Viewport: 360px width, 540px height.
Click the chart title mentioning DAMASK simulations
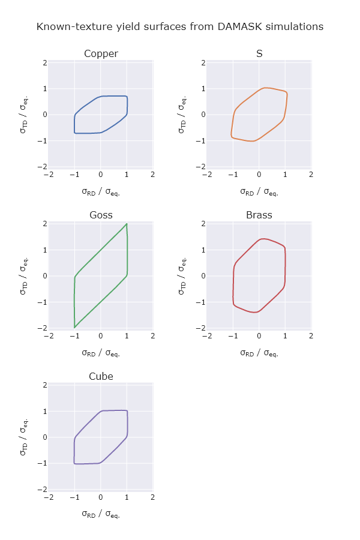(x=180, y=27)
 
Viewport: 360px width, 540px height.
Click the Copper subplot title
(x=101, y=54)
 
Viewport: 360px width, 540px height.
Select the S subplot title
(x=259, y=54)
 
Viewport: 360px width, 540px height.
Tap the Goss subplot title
(x=101, y=215)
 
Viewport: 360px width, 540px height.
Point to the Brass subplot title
(x=259, y=215)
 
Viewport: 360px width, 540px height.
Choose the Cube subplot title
(x=101, y=377)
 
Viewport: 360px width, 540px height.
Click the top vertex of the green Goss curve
(x=127, y=224)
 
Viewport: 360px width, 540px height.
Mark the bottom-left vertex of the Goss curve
(x=74, y=328)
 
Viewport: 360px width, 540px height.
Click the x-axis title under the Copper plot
(x=101, y=192)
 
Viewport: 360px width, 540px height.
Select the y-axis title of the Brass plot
(x=183, y=275)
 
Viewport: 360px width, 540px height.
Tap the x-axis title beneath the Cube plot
(x=101, y=514)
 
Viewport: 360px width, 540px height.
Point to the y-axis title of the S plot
(x=183, y=114)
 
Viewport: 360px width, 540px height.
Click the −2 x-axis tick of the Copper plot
(x=49, y=175)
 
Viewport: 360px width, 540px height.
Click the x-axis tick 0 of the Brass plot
(x=259, y=337)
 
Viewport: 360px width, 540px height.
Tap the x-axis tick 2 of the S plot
(x=311, y=175)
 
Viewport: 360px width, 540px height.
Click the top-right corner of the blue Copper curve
(x=127, y=96)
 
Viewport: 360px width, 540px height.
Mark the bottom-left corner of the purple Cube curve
(x=74, y=463)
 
